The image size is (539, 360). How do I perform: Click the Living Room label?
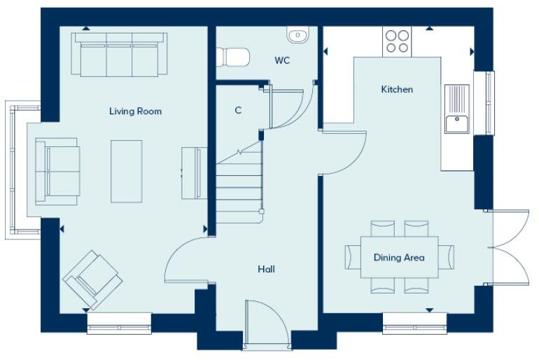click(x=135, y=111)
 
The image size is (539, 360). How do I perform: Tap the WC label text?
click(x=282, y=61)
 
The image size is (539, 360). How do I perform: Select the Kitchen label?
click(x=396, y=89)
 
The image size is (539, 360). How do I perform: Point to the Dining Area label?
click(x=398, y=258)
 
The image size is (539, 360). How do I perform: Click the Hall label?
click(x=266, y=269)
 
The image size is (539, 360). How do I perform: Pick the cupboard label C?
click(x=238, y=110)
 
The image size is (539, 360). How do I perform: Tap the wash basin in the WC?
click(x=297, y=34)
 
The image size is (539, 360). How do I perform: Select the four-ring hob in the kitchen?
click(x=397, y=41)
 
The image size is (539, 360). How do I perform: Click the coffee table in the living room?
click(x=127, y=171)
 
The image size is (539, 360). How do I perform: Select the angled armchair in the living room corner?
click(x=92, y=278)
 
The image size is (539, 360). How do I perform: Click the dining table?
click(x=399, y=257)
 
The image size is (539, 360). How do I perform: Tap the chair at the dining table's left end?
click(x=351, y=257)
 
